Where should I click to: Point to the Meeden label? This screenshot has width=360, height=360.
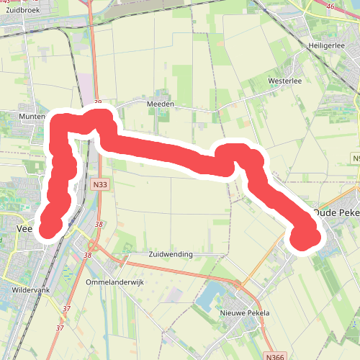coord(161,104)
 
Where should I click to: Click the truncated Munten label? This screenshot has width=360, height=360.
coord(32,115)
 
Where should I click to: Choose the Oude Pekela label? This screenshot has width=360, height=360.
coord(337,213)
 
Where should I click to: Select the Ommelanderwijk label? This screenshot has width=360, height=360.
coord(114,282)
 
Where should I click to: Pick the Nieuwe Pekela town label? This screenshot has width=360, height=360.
coord(245,313)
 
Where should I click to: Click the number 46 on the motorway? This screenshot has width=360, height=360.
coord(330,6)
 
